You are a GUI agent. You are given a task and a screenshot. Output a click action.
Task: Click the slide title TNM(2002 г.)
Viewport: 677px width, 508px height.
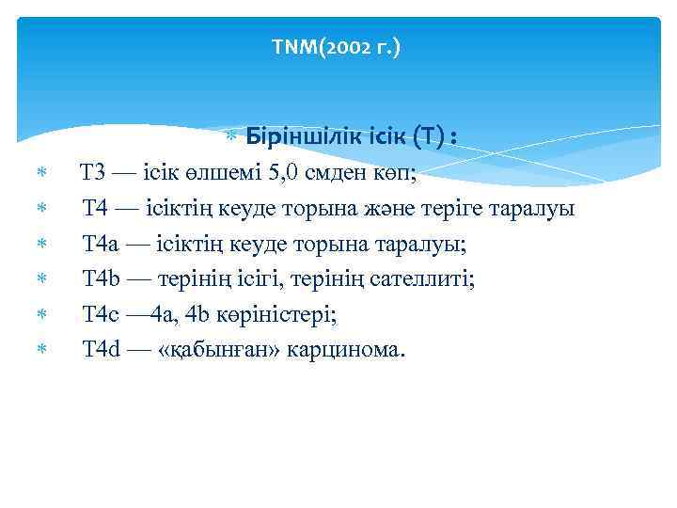(x=335, y=45)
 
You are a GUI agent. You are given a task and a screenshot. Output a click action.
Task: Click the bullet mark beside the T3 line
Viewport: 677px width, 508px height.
(x=40, y=174)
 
